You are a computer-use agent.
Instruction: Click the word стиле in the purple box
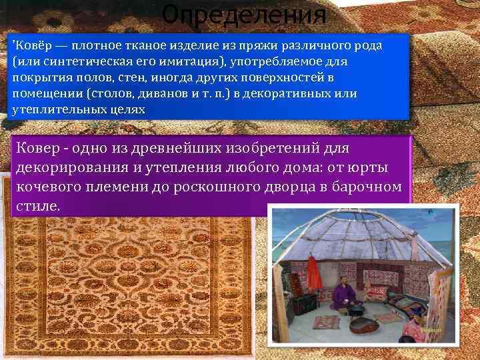pos(37,206)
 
